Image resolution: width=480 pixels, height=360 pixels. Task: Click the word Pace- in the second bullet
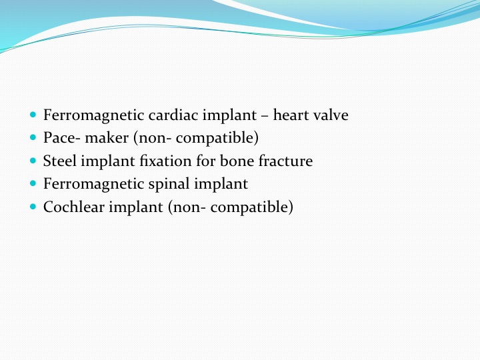pos(62,138)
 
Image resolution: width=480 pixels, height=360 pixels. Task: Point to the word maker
pos(107,138)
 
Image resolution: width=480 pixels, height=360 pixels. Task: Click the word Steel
pos(60,161)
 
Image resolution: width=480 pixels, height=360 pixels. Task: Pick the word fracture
pos(285,161)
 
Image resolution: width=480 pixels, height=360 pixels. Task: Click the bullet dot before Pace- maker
pos(33,137)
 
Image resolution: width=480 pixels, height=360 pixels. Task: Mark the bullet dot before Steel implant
pos(33,161)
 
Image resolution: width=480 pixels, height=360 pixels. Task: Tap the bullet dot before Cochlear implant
pos(33,207)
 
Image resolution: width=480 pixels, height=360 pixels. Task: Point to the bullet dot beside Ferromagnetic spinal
pos(33,183)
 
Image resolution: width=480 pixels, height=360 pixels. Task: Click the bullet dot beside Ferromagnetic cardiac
pos(33,115)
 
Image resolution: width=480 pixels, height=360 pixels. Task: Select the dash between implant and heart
pos(265,117)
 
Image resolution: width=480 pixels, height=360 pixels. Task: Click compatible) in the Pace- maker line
pos(217,139)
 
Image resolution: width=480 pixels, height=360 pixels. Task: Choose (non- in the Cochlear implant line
pos(187,207)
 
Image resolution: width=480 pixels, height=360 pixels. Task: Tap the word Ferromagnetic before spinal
pos(94,184)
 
